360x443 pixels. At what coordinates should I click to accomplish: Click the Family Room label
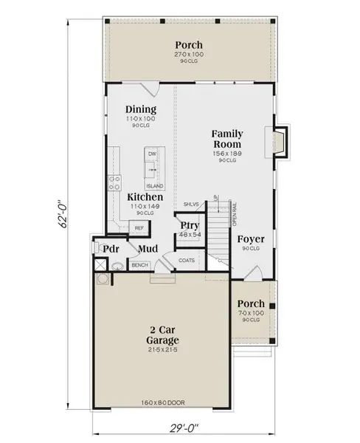click(228, 138)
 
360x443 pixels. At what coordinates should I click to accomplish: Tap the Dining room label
click(140, 109)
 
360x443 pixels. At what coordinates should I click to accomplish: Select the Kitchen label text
click(145, 198)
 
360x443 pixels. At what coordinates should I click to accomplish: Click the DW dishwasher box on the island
click(153, 154)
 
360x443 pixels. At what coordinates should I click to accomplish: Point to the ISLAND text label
click(154, 186)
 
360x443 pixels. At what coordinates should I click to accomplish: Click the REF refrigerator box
click(139, 229)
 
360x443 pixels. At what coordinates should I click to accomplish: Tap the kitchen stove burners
click(114, 182)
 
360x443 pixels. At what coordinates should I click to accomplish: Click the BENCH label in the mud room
click(139, 265)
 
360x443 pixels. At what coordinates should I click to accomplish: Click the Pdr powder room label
click(111, 250)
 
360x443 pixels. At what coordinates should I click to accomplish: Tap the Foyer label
click(251, 239)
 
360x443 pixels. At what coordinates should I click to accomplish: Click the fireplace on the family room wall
click(278, 142)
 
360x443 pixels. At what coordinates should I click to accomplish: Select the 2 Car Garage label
click(164, 335)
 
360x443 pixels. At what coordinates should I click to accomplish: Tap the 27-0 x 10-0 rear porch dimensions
click(190, 54)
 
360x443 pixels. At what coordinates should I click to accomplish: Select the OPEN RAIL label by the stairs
click(234, 214)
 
